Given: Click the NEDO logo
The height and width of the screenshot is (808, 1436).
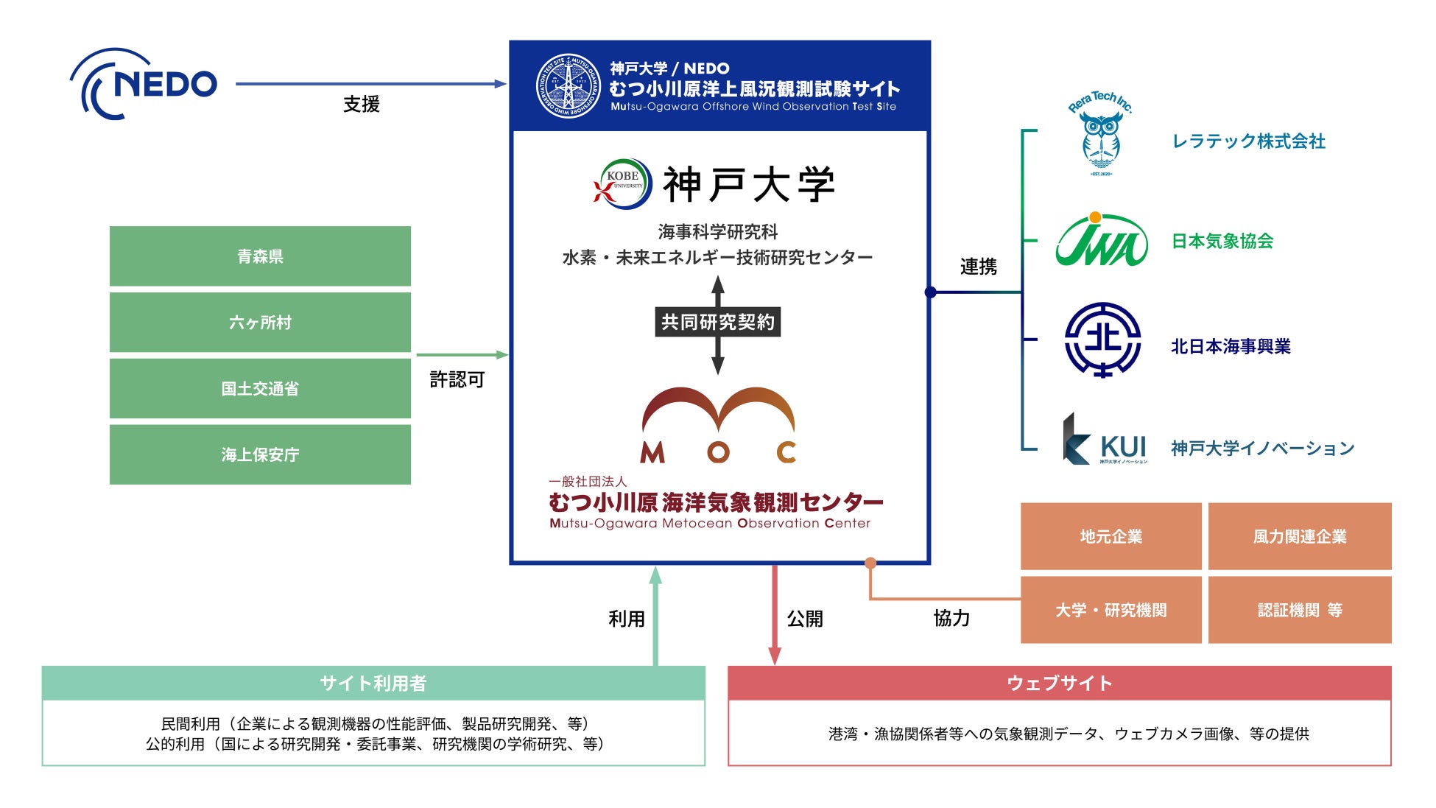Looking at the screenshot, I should [x=144, y=84].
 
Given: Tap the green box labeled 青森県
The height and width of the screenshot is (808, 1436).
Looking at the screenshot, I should [x=260, y=256].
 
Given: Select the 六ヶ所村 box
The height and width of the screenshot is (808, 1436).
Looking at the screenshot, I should [x=260, y=323].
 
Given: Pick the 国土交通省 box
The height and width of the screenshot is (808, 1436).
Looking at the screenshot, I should [x=260, y=389].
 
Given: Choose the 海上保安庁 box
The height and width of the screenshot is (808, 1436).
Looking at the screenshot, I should [x=260, y=454].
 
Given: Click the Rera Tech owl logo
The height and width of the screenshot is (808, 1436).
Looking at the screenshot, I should [x=1100, y=136].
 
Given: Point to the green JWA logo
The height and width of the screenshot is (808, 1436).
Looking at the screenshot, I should [x=1101, y=240].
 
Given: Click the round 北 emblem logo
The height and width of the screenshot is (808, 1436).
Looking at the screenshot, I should [x=1102, y=340].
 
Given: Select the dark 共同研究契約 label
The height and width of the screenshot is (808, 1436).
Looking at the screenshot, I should [x=717, y=322].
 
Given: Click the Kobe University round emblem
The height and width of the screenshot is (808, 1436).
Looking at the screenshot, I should [x=623, y=183].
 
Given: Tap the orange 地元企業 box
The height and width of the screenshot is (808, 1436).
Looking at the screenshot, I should [x=1111, y=536].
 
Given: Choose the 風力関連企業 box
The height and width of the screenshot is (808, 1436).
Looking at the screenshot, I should [x=1300, y=536].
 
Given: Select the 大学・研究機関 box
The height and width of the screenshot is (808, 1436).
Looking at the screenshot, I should [x=1111, y=610].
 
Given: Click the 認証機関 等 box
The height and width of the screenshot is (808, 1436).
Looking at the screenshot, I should [x=1300, y=610].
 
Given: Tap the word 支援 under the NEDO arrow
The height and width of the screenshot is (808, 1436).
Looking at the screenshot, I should [x=361, y=105].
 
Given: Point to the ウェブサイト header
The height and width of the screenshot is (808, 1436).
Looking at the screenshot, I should [x=1059, y=683].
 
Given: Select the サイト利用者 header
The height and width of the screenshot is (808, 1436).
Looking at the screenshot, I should [x=373, y=683].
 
